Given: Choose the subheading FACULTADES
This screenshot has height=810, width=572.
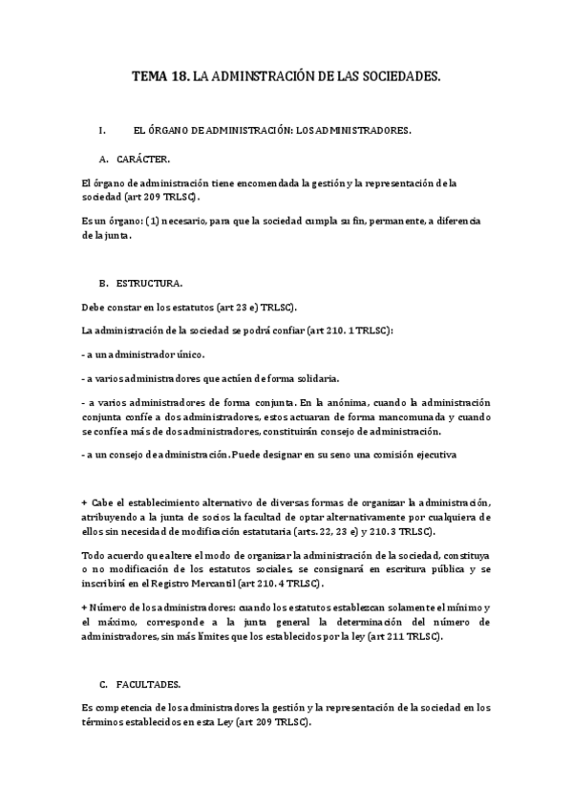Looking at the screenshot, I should click(151, 685).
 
